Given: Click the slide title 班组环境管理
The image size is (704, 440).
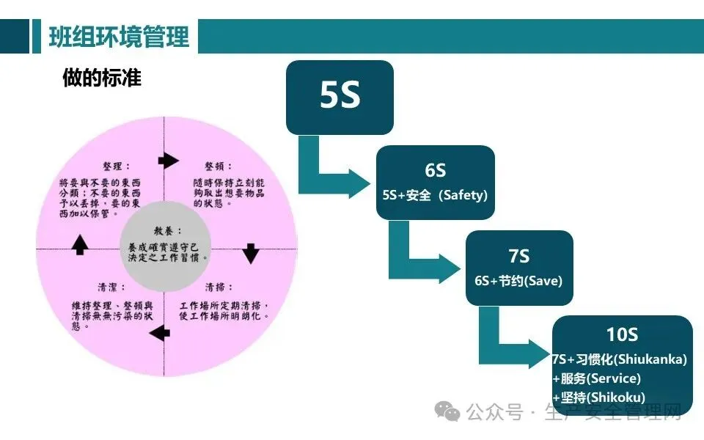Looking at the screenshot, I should pos(118,36).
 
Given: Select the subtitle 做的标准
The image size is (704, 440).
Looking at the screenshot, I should pos(102,78).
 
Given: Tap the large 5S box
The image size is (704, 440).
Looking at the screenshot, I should pos(340,97).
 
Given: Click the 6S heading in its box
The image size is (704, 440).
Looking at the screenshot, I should pos(435,170).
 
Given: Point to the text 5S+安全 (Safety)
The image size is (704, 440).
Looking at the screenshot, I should pos(435,196).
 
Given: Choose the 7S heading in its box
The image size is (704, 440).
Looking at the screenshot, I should pos(518,256).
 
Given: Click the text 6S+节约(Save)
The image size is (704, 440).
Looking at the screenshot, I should pos(518,281).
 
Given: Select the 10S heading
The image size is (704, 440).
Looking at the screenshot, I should pos(622,334).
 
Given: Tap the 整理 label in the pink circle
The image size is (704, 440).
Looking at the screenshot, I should pos(117,166).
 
